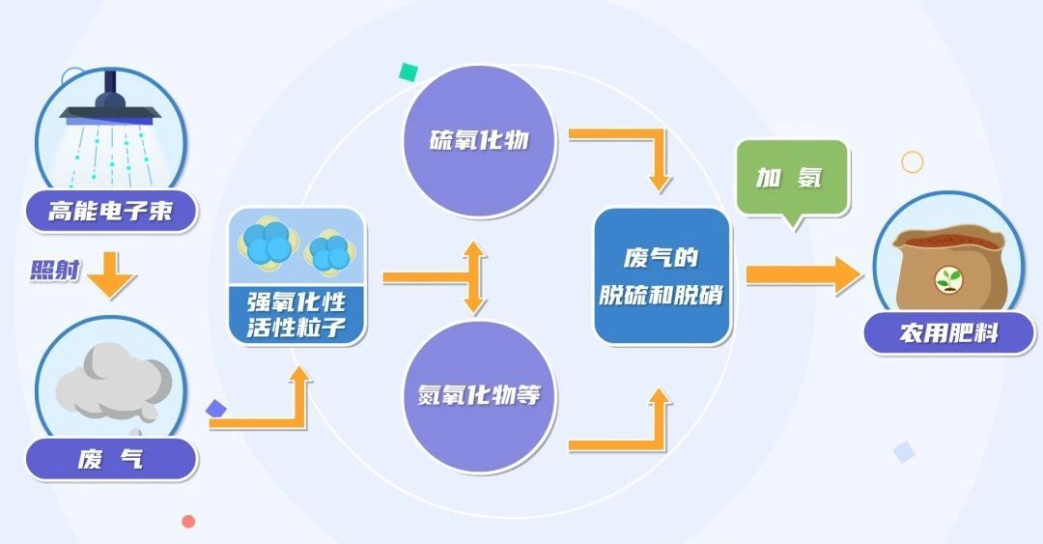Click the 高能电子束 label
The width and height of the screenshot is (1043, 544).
tap(110, 211)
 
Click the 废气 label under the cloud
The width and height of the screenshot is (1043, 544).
tap(110, 459)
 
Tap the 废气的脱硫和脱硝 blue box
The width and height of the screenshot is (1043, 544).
tap(661, 276)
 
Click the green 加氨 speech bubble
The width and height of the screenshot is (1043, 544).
tap(792, 179)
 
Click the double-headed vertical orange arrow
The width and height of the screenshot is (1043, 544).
tap(472, 277)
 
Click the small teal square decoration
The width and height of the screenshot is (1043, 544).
tap(409, 72)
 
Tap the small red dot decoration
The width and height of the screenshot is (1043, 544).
tap(188, 522)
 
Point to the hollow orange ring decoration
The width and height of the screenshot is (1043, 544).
tap(912, 161)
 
